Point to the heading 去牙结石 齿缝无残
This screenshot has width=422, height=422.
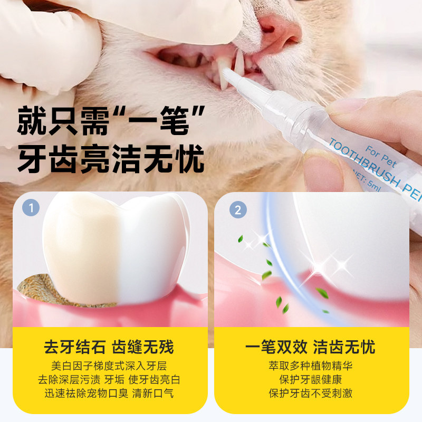(x=109, y=348)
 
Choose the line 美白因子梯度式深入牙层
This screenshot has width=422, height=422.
(x=109, y=366)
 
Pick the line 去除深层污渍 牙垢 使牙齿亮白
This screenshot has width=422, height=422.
(x=109, y=380)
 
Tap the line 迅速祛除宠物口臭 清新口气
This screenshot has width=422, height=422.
(x=109, y=394)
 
